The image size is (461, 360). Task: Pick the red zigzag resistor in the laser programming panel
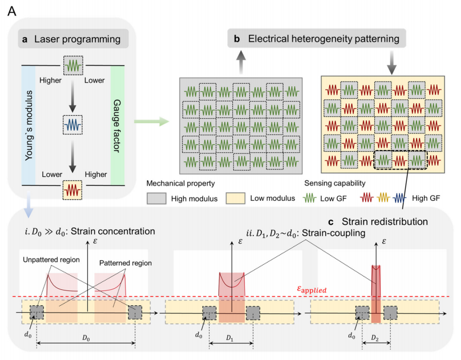[73, 187]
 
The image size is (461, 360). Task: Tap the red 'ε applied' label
[311, 290]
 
